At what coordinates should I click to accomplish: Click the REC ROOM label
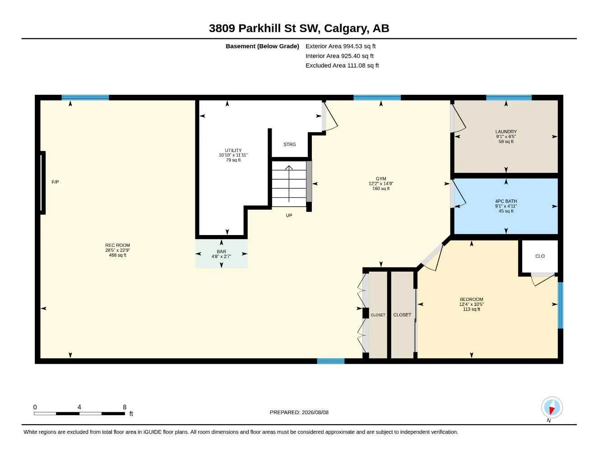[x=117, y=245]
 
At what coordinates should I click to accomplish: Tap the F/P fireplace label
[x=55, y=182]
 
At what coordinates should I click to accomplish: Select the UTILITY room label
[x=233, y=150]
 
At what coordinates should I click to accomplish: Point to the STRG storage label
[x=289, y=144]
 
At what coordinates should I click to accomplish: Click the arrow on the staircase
[x=289, y=184]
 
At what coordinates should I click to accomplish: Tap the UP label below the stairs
[x=289, y=215]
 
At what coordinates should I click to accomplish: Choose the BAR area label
[x=221, y=251]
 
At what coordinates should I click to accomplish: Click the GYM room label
[x=381, y=179]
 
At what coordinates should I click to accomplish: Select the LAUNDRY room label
[x=506, y=131]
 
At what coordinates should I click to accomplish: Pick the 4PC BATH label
[x=506, y=201]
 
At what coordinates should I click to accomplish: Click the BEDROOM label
[x=472, y=299]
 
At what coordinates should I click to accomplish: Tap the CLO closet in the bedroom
[x=540, y=256]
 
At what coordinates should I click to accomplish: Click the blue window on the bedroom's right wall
[x=560, y=305]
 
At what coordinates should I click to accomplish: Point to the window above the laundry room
[x=509, y=97]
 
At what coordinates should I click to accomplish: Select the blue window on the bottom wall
[x=330, y=361]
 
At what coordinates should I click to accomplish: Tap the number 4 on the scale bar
[x=79, y=407]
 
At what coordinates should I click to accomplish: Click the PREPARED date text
[x=299, y=412]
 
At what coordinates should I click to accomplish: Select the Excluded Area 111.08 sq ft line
[x=342, y=65]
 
